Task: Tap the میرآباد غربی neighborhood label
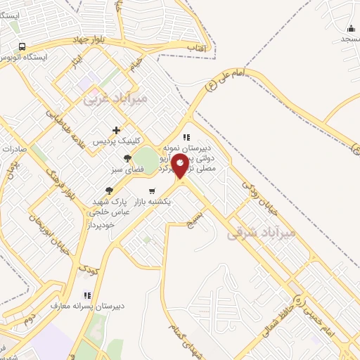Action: click(x=115, y=99)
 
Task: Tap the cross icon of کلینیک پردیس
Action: click(x=117, y=130)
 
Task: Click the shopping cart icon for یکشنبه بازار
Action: click(x=151, y=191)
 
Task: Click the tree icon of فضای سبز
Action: click(x=127, y=158)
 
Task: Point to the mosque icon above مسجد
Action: click(x=351, y=28)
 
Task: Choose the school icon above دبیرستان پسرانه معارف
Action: click(x=86, y=295)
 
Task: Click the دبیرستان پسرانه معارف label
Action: click(x=77, y=307)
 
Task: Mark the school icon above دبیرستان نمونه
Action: click(x=186, y=137)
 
